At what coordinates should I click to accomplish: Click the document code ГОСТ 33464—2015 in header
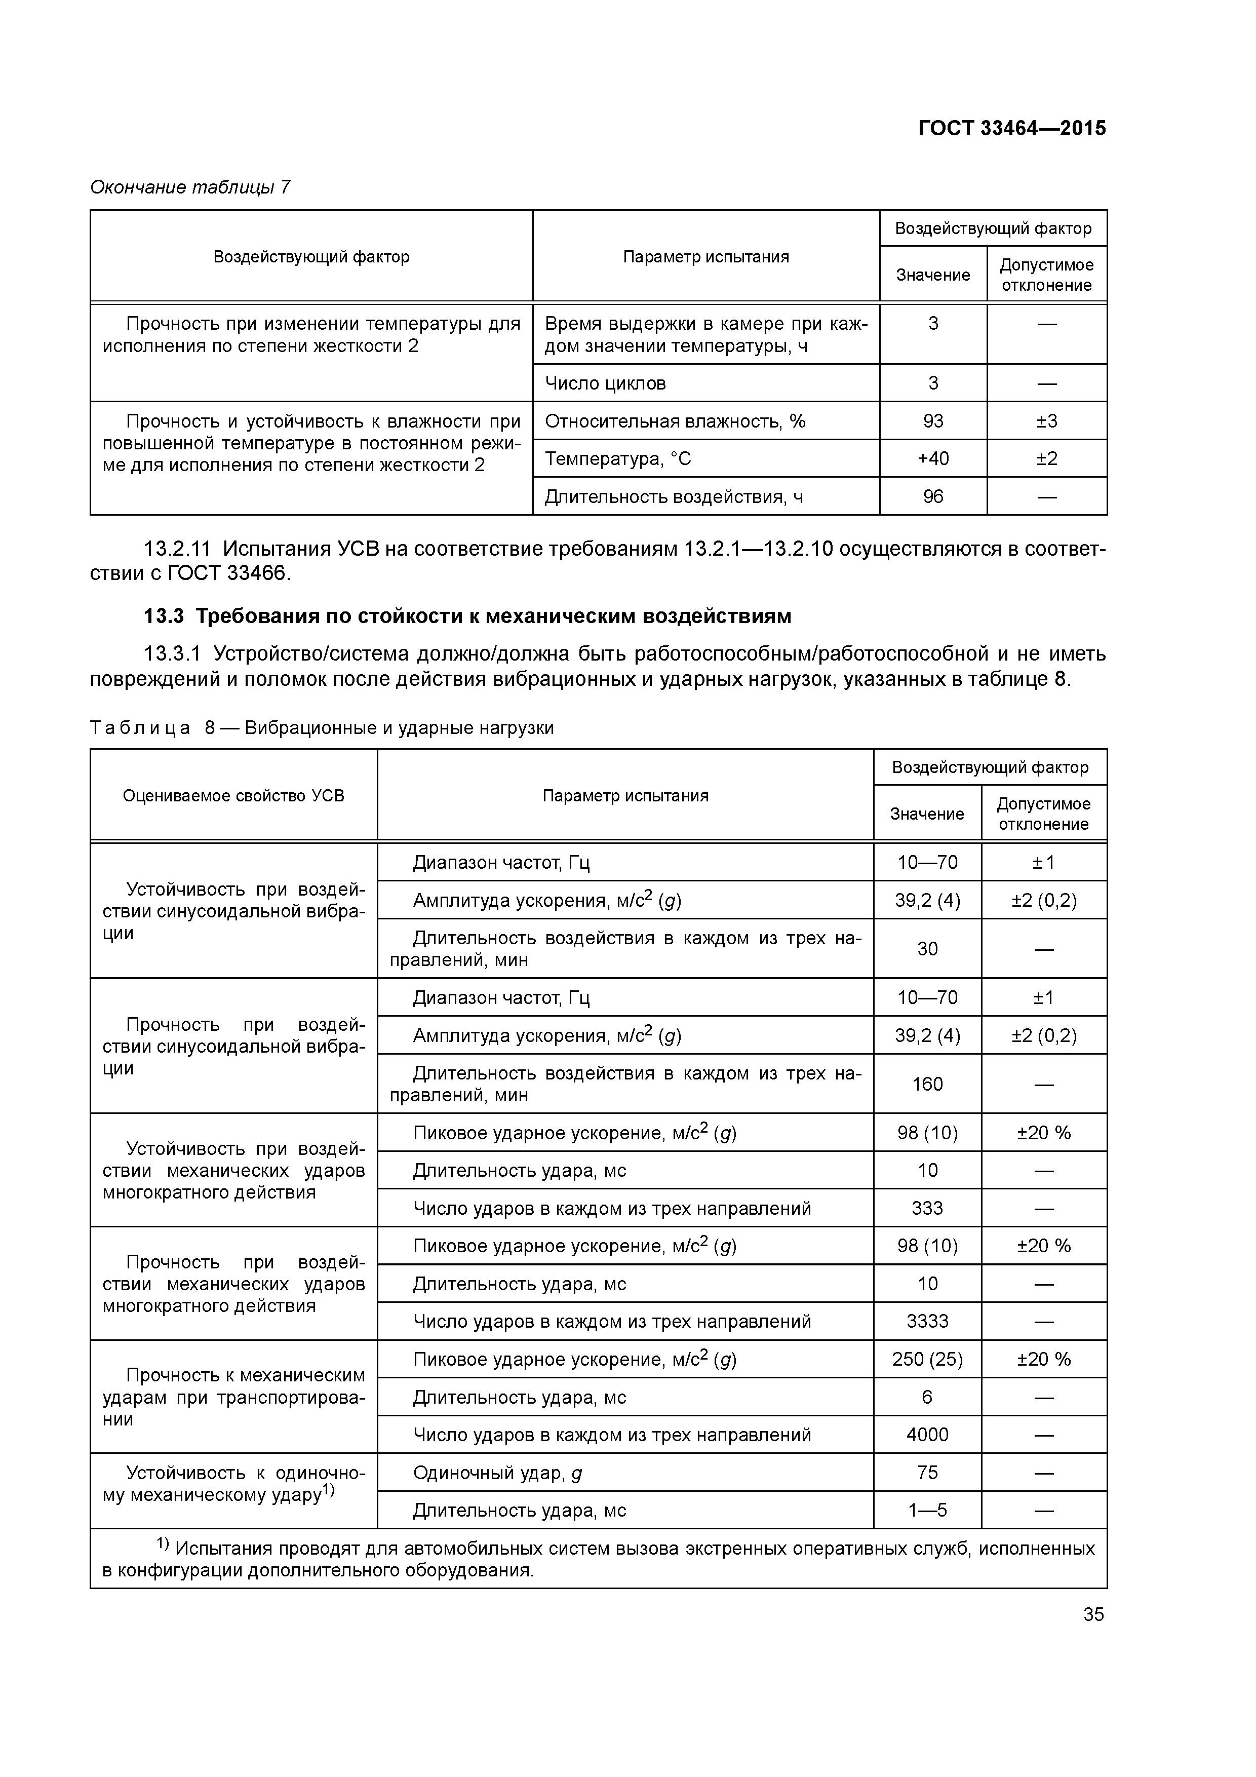1011,129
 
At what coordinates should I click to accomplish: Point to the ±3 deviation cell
1046,421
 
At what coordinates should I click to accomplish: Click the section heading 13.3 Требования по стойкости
467,616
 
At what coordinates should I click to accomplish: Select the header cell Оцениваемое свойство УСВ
233,796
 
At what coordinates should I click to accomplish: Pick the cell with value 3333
927,1321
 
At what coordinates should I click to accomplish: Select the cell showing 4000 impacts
927,1435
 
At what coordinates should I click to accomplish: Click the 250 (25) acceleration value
927,1360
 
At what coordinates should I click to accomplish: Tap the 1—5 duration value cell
927,1510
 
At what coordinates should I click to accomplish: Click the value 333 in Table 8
927,1208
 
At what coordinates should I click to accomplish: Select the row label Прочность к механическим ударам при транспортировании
233,1397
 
